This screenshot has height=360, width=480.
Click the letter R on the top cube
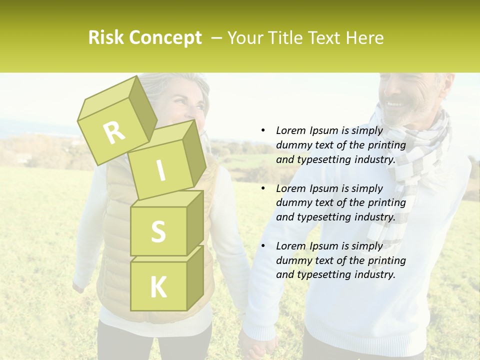click(x=114, y=132)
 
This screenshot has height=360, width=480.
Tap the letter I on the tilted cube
click(x=160, y=171)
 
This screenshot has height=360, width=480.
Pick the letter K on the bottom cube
click(x=158, y=287)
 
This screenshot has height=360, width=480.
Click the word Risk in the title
click(x=106, y=38)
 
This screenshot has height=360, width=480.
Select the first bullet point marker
click(x=263, y=130)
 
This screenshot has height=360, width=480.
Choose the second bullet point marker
click(x=263, y=188)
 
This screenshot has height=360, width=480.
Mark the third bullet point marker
click(x=263, y=246)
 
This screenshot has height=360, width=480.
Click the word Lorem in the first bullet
click(x=290, y=130)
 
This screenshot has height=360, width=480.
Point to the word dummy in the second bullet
click(x=292, y=202)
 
